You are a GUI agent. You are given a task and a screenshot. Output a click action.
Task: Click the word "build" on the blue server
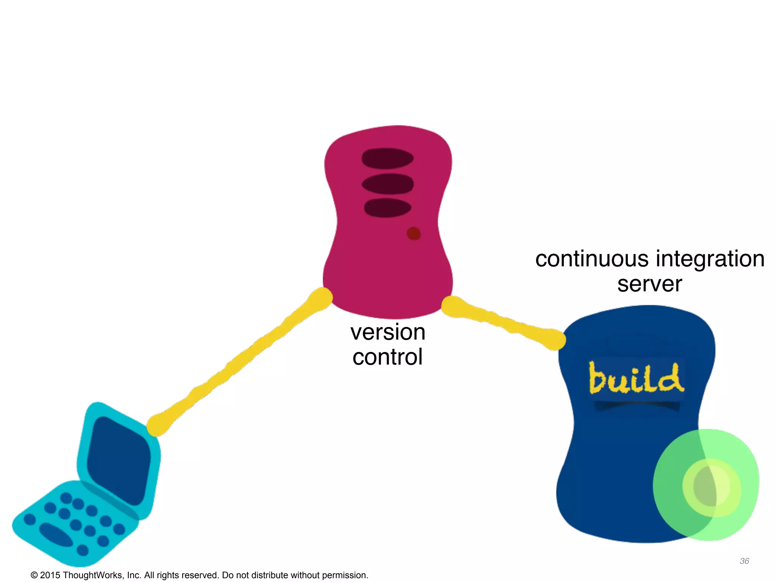[x=637, y=378]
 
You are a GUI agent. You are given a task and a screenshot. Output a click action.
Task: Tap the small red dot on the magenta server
[x=413, y=233]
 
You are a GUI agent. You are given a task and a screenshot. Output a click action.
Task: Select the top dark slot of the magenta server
[x=388, y=158]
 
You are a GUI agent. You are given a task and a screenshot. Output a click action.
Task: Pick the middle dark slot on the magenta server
[x=388, y=184]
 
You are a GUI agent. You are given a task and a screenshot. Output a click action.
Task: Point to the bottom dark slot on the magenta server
[x=388, y=208]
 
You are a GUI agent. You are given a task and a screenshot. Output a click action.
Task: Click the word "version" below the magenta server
[x=388, y=332]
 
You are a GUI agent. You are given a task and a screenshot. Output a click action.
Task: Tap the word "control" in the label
[x=387, y=357]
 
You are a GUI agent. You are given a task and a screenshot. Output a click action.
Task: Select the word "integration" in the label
[x=710, y=259]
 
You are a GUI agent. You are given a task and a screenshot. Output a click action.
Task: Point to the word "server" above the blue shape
[x=649, y=284]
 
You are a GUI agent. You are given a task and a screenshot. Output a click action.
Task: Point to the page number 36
[x=744, y=561]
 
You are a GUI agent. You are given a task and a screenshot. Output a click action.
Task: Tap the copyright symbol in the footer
[x=34, y=575]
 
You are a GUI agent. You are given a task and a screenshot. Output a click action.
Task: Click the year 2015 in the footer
[x=50, y=575]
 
